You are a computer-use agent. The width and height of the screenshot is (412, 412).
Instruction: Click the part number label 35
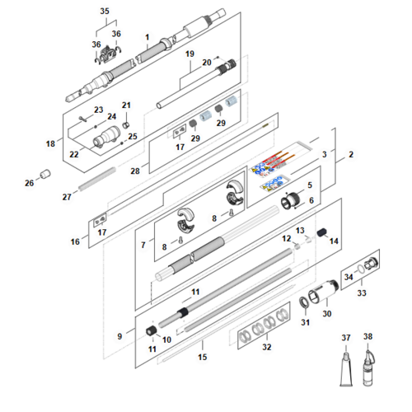[x=105, y=12]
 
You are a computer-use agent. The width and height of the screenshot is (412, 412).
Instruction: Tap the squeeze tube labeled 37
[x=346, y=369]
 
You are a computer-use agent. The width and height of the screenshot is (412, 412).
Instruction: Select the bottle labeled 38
[x=368, y=368]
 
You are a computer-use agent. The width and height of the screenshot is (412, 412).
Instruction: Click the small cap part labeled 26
[x=45, y=174]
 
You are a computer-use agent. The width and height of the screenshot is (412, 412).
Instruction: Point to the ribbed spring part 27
[x=97, y=179]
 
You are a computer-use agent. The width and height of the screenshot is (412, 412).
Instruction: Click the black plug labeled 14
[x=321, y=232]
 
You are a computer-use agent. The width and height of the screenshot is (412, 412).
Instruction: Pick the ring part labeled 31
[x=304, y=302]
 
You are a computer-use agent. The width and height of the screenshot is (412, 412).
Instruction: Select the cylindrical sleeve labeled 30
[x=323, y=293]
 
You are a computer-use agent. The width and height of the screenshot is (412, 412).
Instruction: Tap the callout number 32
[x=267, y=347]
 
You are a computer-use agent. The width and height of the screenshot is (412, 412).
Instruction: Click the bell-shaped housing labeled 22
[x=107, y=136]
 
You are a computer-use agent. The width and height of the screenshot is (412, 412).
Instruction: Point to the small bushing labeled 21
[x=126, y=125]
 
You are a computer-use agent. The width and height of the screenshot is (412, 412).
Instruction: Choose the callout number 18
[x=50, y=143]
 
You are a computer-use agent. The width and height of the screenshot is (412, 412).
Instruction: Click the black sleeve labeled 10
[x=151, y=330]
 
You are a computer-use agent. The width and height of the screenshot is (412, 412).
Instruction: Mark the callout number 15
[x=203, y=357]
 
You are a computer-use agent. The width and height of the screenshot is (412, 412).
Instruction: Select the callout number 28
[x=135, y=171]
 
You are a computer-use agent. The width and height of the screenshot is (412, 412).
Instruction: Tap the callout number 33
[x=362, y=293]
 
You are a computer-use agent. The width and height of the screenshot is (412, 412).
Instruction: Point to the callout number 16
[x=75, y=241]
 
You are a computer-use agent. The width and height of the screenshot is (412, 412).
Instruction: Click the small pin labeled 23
[x=82, y=119]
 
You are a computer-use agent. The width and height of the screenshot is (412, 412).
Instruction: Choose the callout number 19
[x=190, y=54]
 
